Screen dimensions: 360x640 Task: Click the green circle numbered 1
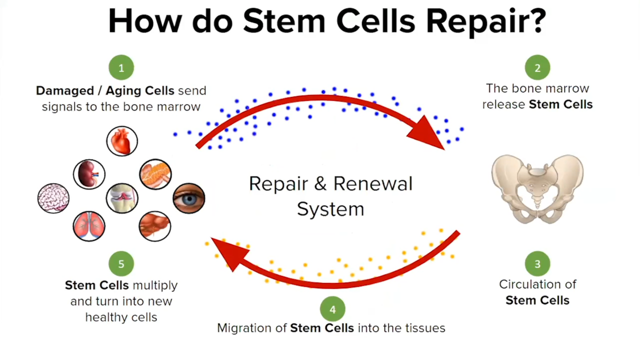click(x=121, y=68)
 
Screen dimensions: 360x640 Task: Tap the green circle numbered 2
click(x=537, y=68)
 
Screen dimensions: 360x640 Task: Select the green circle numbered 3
click(x=537, y=264)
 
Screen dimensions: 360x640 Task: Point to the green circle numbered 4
click(x=332, y=309)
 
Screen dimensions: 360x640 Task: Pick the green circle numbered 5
click(x=121, y=264)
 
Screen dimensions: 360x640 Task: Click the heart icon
click(x=121, y=141)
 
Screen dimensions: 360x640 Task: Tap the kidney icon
click(x=89, y=174)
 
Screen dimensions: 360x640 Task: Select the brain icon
click(x=53, y=198)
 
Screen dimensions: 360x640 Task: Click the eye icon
click(x=188, y=198)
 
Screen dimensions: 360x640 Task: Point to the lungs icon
click(x=89, y=226)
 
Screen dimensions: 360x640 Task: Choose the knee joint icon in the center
click(x=121, y=198)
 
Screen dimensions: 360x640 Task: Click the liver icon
click(x=155, y=226)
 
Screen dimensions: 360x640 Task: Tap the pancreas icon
click(x=155, y=174)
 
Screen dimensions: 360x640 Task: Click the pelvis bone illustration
click(x=537, y=188)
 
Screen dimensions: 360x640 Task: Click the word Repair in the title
click(x=480, y=21)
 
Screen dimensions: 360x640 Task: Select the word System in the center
click(x=330, y=209)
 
